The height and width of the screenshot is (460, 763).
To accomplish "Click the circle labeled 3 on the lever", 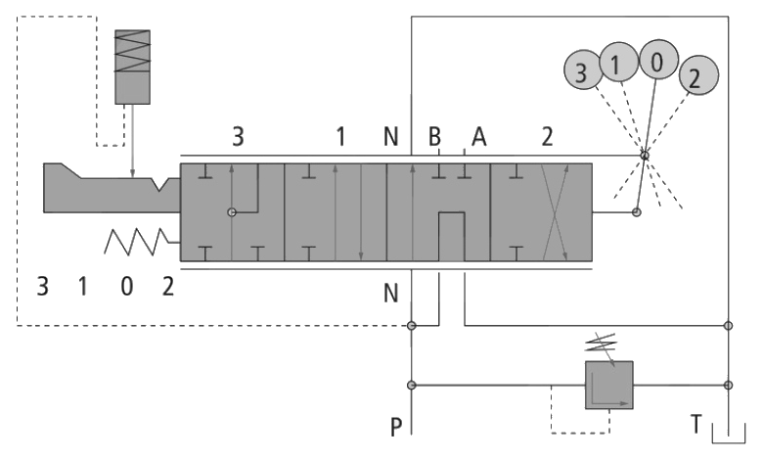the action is pyautogui.click(x=582, y=69).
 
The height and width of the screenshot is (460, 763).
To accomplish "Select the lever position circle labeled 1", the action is pyautogui.click(x=618, y=62).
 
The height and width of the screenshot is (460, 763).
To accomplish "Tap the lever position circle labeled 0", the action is pyautogui.click(x=658, y=59).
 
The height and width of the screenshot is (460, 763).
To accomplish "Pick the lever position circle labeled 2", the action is pyautogui.click(x=698, y=75).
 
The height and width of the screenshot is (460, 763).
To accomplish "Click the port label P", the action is pyautogui.click(x=396, y=428).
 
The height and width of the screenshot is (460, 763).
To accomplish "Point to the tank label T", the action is pyautogui.click(x=696, y=424).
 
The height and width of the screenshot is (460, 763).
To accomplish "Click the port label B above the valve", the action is pyautogui.click(x=434, y=137).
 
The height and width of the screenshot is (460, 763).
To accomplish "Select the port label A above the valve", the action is pyautogui.click(x=478, y=137).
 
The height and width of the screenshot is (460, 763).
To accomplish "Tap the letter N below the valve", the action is pyautogui.click(x=390, y=293).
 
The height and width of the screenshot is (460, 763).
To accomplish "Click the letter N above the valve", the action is pyautogui.click(x=390, y=137).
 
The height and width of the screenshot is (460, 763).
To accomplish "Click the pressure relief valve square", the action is pyautogui.click(x=608, y=385).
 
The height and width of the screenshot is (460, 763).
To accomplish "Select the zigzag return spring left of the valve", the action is pyautogui.click(x=137, y=242).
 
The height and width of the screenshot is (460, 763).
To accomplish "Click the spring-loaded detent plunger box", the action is pyautogui.click(x=132, y=68).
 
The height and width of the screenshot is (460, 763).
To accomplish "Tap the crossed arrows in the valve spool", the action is pyautogui.click(x=555, y=212).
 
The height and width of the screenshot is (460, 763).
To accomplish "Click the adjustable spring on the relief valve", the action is pyautogui.click(x=601, y=344).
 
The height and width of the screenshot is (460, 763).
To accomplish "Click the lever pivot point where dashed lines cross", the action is pyautogui.click(x=645, y=156).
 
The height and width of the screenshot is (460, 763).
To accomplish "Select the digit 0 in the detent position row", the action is pyautogui.click(x=126, y=286).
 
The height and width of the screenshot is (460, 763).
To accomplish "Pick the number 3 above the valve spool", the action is pyautogui.click(x=238, y=137).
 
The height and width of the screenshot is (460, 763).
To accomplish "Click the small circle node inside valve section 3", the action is pyautogui.click(x=232, y=212).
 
